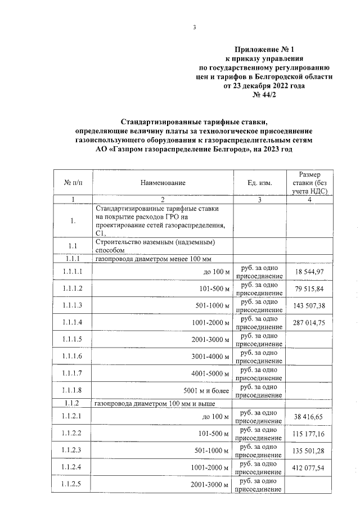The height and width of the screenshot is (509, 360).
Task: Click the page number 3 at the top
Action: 193,28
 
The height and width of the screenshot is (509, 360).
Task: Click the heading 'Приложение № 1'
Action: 264,49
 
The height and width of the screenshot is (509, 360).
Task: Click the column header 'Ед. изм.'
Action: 259,183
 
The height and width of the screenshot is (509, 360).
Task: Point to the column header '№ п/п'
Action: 73,183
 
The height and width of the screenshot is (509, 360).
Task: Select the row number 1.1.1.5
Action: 73,339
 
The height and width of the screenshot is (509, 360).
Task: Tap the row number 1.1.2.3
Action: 73,452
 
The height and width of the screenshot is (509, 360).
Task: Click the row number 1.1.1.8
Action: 73,390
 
